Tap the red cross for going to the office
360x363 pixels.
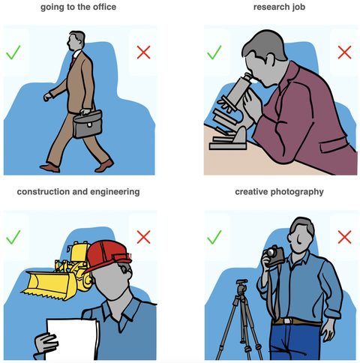tap(143, 52)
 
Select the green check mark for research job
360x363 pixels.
tap(214, 53)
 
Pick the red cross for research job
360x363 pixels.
tap(344, 52)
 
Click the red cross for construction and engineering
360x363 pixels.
tap(143, 237)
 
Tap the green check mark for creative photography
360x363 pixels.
tap(214, 237)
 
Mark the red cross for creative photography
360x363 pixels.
tap(344, 237)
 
